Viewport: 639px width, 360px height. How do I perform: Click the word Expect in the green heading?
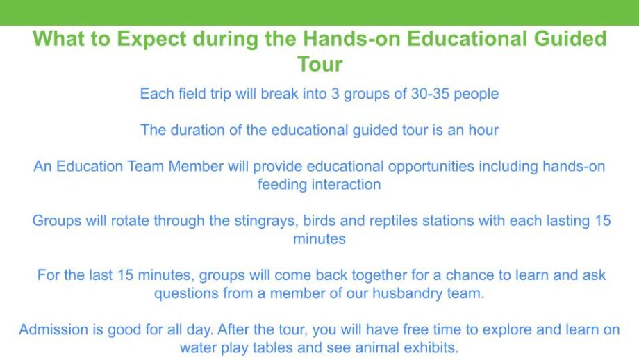point(151,39)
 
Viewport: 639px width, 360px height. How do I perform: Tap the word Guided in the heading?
point(570,38)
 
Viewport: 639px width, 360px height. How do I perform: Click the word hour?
point(483,130)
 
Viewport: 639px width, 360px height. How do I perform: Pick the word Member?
point(196,166)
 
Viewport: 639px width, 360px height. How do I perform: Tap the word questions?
point(186,293)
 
